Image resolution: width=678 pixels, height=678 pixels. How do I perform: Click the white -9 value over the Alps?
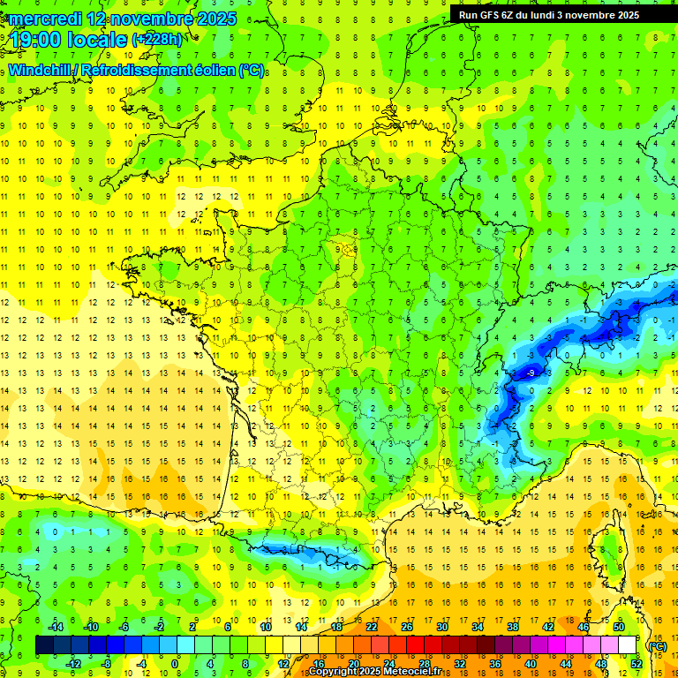[531, 373]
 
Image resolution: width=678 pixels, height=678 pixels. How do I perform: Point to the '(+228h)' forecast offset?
[156, 40]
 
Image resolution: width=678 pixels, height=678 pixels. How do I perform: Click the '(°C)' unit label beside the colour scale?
[656, 646]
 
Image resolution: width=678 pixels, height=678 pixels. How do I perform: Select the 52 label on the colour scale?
[636, 664]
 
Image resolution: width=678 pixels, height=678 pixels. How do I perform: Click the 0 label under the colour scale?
[174, 664]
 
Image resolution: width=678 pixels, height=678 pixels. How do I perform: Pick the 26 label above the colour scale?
[406, 628]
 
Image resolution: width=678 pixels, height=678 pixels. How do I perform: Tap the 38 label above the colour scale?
[512, 628]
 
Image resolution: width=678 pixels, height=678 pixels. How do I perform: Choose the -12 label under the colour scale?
[74, 664]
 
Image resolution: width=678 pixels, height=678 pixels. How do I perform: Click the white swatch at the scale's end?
[627, 646]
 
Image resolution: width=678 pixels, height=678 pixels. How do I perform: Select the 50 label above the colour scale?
[619, 628]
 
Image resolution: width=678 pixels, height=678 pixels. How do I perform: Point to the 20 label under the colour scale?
[353, 664]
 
